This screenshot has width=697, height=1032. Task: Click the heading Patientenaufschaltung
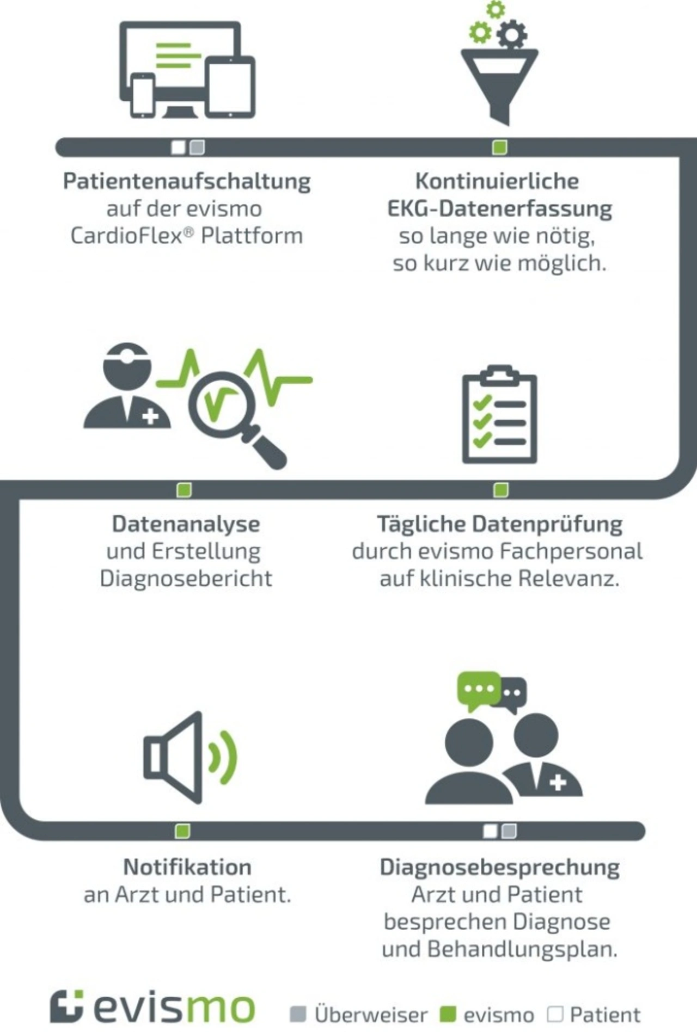click(187, 181)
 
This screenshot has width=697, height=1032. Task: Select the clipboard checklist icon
click(499, 415)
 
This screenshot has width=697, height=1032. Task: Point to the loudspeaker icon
click(188, 757)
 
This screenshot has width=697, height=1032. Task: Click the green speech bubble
click(478, 689)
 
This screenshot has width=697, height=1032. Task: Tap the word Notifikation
click(187, 867)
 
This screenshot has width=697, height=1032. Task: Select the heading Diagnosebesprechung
click(499, 867)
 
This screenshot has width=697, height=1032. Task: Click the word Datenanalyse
click(186, 524)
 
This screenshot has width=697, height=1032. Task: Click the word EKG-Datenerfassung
click(499, 208)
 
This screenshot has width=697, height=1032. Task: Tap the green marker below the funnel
click(499, 147)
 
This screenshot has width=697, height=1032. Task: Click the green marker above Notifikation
click(183, 831)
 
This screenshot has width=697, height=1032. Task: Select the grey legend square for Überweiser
click(298, 1015)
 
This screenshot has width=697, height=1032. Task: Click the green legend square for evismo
click(447, 1015)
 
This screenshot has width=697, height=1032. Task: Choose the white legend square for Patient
click(555, 1014)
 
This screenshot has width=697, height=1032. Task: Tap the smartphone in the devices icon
click(143, 96)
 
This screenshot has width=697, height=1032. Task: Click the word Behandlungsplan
click(522, 949)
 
